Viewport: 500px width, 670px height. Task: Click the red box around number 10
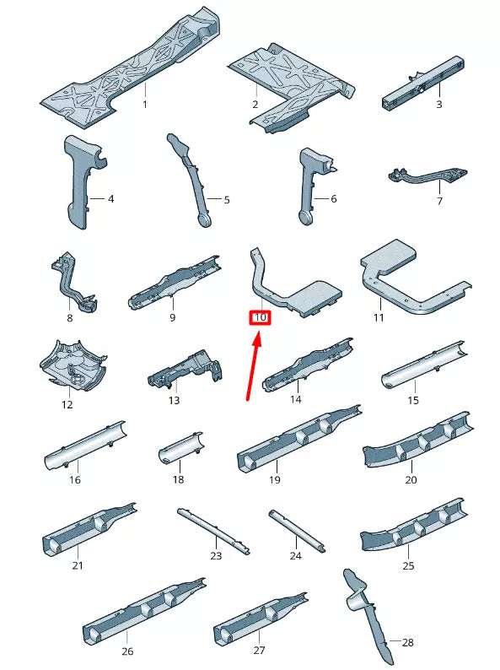click(260, 317)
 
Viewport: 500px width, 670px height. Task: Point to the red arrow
click(254, 367)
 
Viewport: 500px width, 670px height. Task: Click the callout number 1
click(145, 105)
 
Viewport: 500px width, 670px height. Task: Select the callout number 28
click(408, 642)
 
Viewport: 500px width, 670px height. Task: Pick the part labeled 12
click(72, 365)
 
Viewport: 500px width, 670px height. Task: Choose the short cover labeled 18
click(180, 447)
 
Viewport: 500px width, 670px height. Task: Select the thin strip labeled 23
click(213, 532)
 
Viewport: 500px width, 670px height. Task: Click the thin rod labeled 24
click(297, 532)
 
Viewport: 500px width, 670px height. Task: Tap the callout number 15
click(413, 400)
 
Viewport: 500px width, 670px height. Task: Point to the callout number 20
click(411, 480)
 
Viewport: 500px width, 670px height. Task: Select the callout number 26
click(127, 651)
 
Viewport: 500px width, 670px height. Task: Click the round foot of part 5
click(205, 220)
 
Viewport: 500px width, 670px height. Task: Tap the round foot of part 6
click(306, 218)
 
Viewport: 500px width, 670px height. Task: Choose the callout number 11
click(379, 317)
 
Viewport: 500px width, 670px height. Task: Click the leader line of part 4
click(97, 198)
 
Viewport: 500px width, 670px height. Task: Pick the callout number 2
click(255, 105)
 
